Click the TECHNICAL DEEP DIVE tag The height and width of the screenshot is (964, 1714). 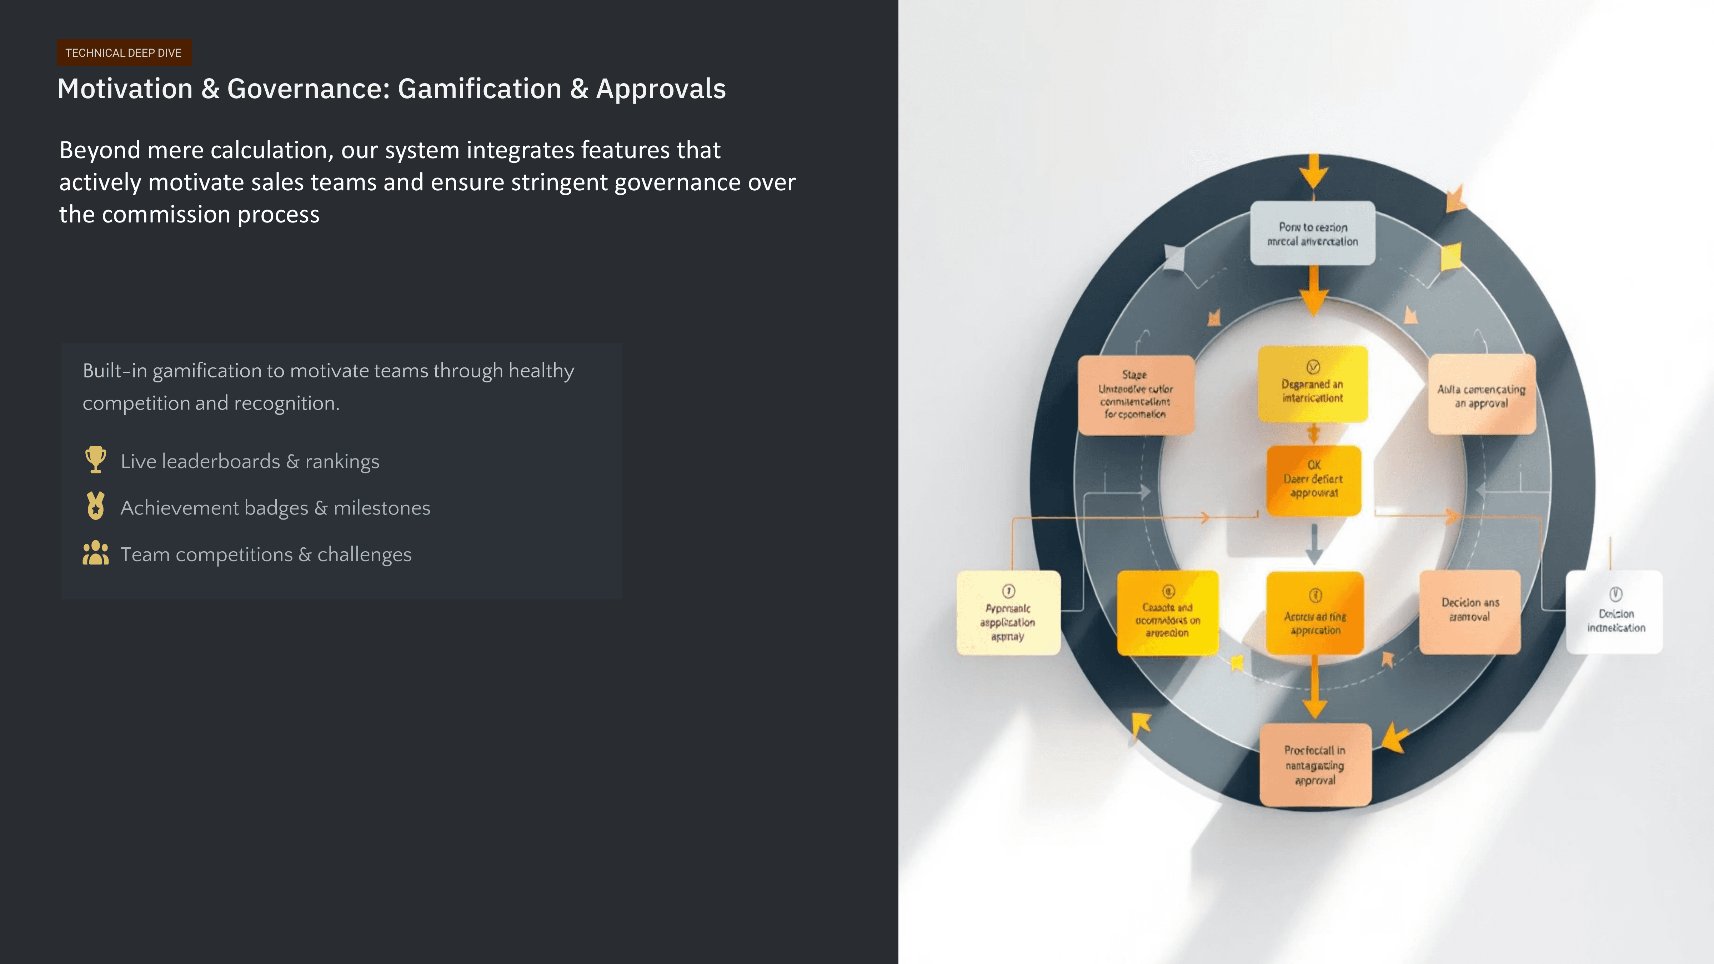pyautogui.click(x=124, y=52)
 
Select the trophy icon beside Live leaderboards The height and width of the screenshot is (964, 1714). pyautogui.click(x=96, y=460)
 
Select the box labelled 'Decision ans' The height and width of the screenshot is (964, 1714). pyautogui.click(x=1470, y=611)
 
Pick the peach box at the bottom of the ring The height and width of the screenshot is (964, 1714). pyautogui.click(x=1315, y=765)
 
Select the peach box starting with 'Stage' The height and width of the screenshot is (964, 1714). pyautogui.click(x=1135, y=395)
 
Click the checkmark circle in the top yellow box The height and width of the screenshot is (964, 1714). pyautogui.click(x=1313, y=367)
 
